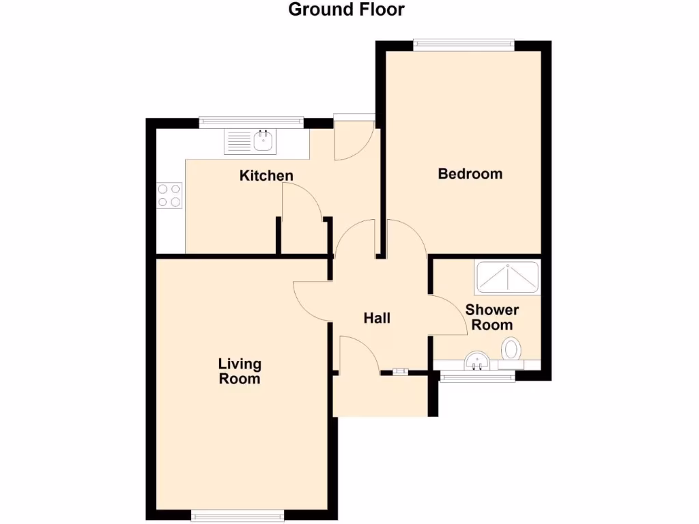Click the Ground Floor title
(346, 10)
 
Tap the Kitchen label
(266, 175)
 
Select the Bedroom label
(470, 173)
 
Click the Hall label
(377, 317)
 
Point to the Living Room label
(240, 370)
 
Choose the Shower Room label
(492, 317)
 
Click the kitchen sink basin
(264, 141)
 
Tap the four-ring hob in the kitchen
(170, 195)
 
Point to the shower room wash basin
(477, 360)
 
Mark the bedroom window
(463, 44)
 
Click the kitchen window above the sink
(251, 122)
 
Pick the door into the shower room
(448, 315)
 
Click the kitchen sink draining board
(239, 141)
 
